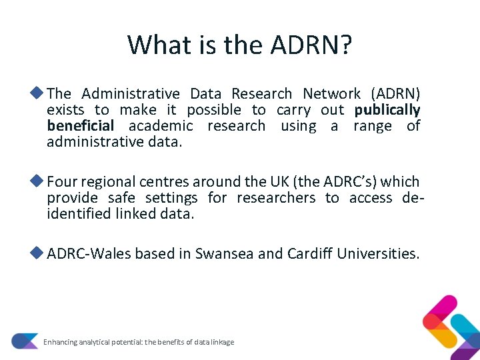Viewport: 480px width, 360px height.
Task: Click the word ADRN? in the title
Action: point(311,45)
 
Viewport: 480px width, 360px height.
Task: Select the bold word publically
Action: point(387,110)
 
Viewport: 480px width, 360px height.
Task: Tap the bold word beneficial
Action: point(81,126)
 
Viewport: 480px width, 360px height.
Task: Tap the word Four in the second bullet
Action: point(62,181)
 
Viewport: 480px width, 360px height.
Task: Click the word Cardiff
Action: point(310,253)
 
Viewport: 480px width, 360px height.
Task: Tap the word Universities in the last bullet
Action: point(378,253)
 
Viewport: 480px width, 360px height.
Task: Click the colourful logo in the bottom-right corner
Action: point(451,327)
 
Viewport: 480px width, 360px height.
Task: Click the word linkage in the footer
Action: point(222,342)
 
